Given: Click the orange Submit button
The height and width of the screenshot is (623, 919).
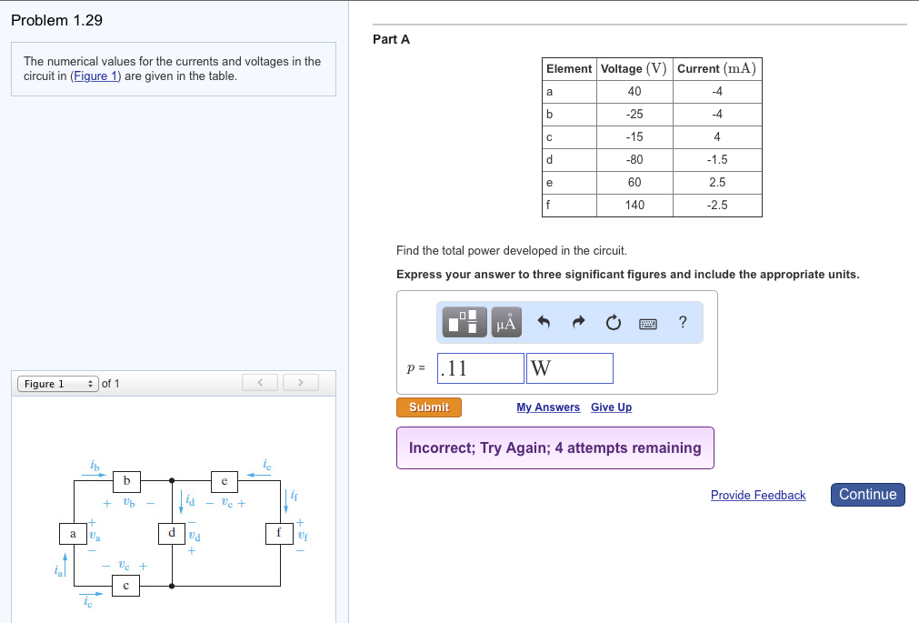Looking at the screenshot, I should coord(428,407).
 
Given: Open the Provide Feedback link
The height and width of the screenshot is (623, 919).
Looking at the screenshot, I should coord(757,496).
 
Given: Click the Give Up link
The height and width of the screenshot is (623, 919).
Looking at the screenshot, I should coord(611,407).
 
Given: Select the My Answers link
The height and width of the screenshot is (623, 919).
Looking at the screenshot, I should coord(547,407).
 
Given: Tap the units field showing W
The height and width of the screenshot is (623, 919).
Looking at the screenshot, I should coord(569,368).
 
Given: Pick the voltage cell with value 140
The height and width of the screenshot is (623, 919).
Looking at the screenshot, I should coord(634,206).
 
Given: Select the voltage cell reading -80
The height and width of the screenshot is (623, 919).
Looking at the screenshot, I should coord(634,160).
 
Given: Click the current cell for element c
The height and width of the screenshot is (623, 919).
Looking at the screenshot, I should coord(716,137).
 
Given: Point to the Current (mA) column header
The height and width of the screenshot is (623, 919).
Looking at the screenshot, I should coord(716,69).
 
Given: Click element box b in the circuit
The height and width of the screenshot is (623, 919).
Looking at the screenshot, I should coord(126,479).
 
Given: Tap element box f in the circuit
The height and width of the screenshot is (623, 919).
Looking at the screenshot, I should coord(279,532).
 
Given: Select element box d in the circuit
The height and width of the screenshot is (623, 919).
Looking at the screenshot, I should coord(171,532).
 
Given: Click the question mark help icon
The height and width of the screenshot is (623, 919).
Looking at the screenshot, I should coord(683,322).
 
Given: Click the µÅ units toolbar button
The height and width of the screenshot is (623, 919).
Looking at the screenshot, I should coord(506,322).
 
